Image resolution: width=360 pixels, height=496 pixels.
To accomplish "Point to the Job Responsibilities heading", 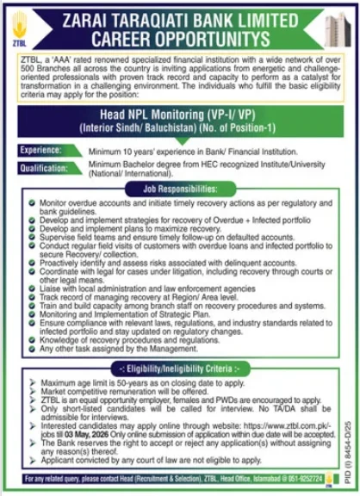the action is pos(180,187).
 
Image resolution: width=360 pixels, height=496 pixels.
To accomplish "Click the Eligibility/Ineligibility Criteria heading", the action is pos(180,366).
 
